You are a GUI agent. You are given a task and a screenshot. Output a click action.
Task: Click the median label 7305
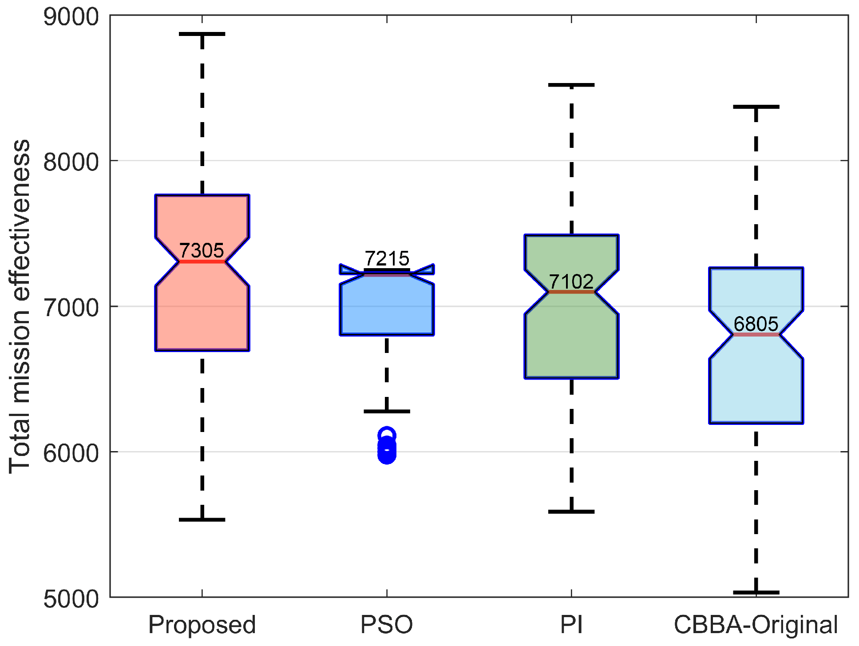click(201, 251)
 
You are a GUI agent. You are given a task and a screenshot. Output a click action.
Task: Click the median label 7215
click(387, 258)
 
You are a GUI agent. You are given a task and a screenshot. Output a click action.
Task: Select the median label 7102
click(571, 281)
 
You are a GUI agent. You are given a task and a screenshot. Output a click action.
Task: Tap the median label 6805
click(756, 324)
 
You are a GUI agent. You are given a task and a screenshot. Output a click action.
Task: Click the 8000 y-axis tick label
click(71, 162)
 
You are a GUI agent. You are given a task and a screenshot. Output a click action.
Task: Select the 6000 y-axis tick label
click(71, 453)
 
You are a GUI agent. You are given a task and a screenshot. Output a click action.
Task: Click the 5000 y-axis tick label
click(71, 598)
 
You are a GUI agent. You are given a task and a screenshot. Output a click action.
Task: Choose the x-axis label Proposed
click(202, 625)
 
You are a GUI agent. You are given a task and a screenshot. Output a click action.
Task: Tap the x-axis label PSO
click(387, 625)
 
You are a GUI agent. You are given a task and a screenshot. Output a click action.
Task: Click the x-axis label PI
click(571, 625)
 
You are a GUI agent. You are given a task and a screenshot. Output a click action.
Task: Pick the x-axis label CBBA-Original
click(756, 625)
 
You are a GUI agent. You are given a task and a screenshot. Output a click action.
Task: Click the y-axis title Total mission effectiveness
click(20, 306)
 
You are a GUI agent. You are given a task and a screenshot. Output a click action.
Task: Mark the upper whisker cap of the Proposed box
click(202, 34)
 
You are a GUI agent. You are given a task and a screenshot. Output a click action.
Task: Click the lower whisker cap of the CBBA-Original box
click(756, 592)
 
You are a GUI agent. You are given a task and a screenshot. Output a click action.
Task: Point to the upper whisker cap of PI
click(571, 85)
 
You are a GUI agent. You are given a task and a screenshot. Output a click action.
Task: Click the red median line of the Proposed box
click(202, 262)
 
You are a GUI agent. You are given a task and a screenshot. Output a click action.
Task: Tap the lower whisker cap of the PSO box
click(387, 412)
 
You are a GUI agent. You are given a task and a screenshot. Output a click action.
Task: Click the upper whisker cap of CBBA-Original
click(756, 107)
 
